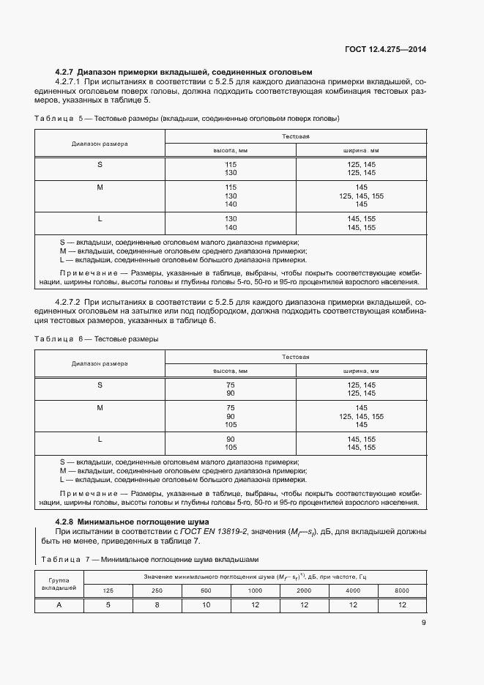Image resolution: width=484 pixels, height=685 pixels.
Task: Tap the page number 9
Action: click(423, 623)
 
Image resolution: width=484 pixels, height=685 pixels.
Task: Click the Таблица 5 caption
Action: click(186, 118)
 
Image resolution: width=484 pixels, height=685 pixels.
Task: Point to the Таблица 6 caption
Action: click(97, 338)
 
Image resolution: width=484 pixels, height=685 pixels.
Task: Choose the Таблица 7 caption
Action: click(150, 559)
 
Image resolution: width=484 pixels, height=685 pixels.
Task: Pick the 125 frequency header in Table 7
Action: click(108, 590)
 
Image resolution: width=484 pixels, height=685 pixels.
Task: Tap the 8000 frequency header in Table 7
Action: click(402, 590)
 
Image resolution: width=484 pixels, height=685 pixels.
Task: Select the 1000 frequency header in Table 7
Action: click(255, 590)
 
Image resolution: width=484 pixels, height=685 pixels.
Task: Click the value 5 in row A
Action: click(108, 604)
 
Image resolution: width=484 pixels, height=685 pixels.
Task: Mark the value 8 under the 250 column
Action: click(157, 604)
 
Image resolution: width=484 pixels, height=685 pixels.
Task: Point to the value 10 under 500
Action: click(206, 604)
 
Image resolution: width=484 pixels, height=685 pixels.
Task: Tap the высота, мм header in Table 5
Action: click(231, 150)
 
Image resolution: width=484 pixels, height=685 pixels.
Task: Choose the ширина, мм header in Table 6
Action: click(361, 371)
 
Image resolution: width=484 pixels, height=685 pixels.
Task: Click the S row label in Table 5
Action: click(100, 164)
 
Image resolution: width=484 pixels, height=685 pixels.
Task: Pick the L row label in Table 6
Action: click(100, 439)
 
